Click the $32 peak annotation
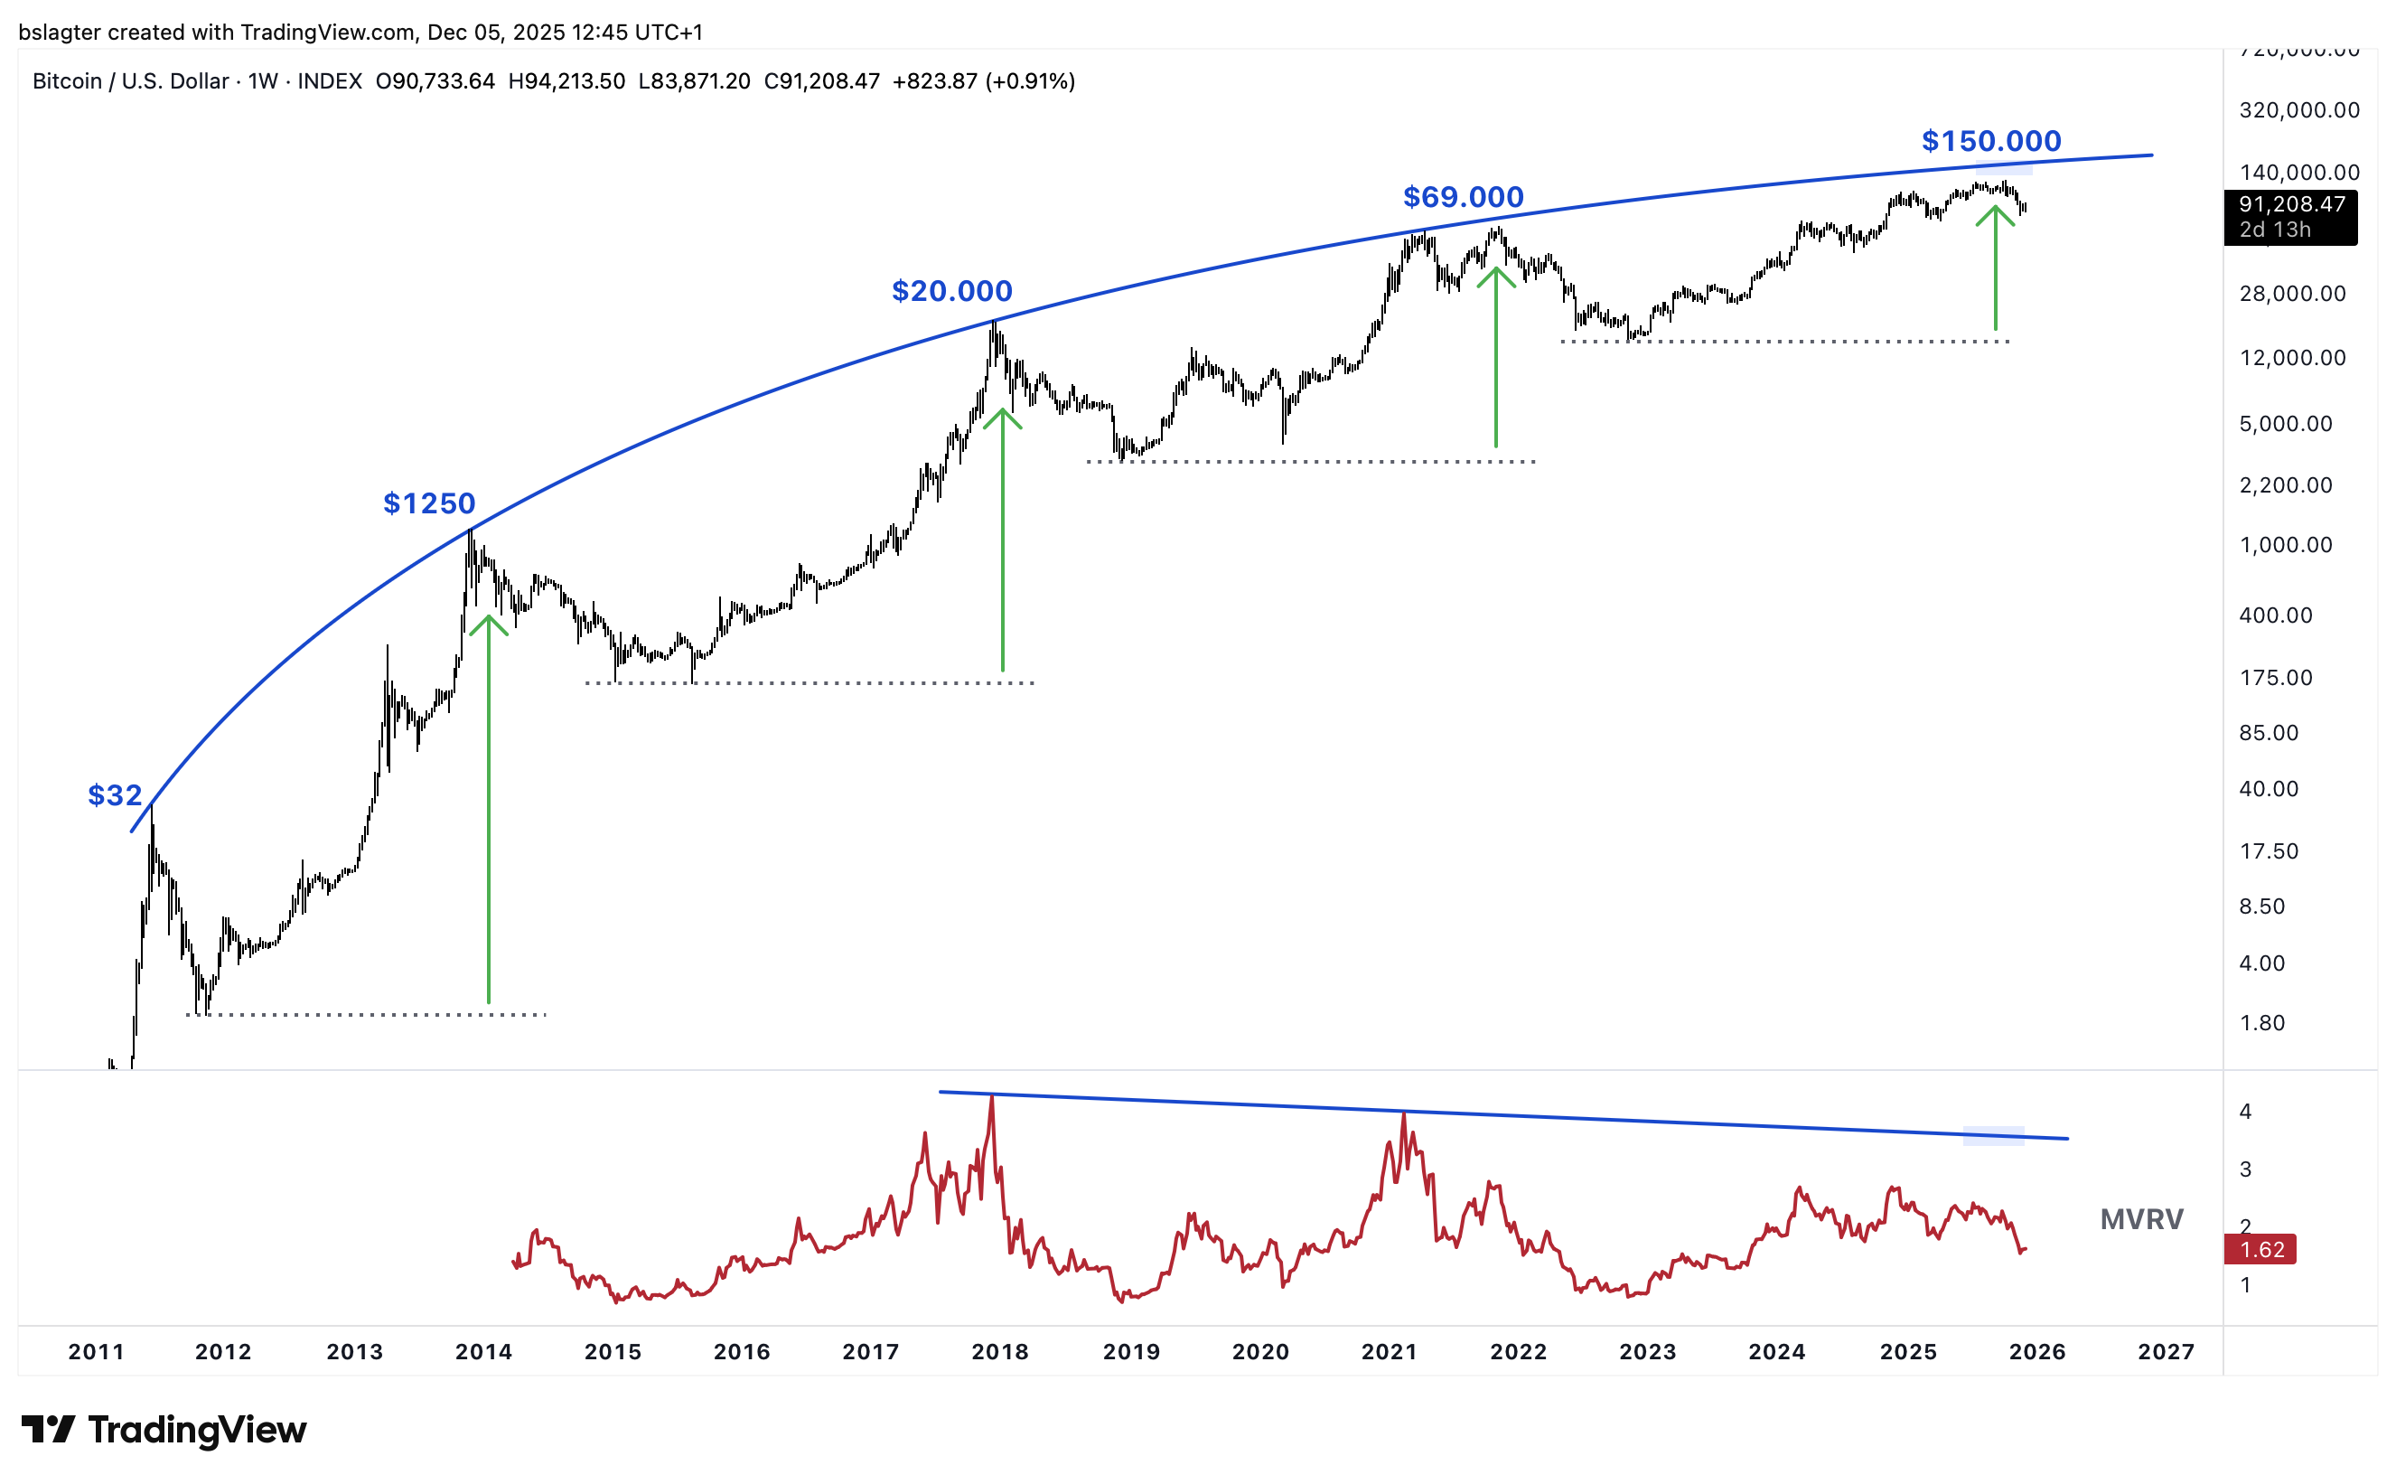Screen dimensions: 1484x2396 tap(115, 795)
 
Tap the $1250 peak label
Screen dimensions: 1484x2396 tap(429, 503)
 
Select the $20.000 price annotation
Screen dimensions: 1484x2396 tap(951, 292)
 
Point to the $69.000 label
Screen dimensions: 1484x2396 tap(1463, 197)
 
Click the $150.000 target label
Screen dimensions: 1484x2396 tap(1990, 141)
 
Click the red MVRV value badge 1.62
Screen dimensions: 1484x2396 tap(2261, 1249)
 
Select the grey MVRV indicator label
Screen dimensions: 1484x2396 tap(2141, 1219)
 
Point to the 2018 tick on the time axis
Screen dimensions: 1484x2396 tap(1000, 1351)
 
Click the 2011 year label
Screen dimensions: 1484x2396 tap(96, 1351)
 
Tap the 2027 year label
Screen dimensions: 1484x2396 tap(2166, 1351)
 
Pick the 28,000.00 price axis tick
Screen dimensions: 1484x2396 tap(2292, 294)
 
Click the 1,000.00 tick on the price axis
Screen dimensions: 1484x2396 tap(2285, 545)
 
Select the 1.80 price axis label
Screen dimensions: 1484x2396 tap(2261, 1023)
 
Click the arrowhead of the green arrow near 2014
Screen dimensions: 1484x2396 tap(489, 618)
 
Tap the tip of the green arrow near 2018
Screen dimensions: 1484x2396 tap(1002, 410)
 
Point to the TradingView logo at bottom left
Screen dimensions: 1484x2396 tap(164, 1430)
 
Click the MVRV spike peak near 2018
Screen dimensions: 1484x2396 tap(992, 1097)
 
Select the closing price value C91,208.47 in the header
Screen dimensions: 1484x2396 tap(821, 81)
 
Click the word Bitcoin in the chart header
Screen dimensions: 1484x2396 tap(67, 81)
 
